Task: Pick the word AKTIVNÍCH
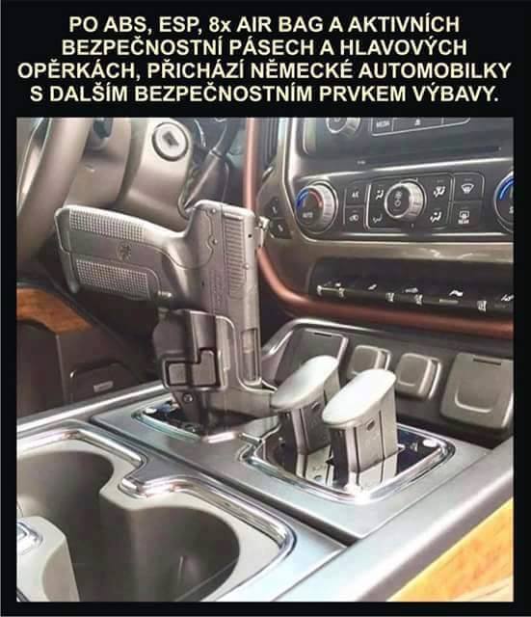coord(404,24)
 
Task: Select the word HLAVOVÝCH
coord(403,47)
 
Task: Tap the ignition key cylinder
coord(170,140)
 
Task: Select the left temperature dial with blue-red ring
coord(316,206)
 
